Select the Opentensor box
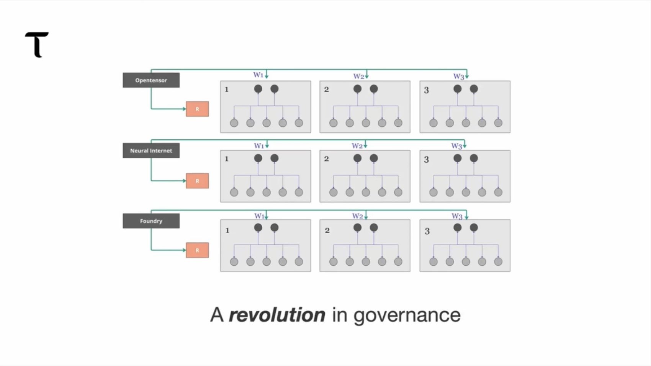(151, 80)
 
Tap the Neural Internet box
(151, 150)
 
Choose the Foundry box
(151, 221)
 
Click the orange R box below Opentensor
(197, 109)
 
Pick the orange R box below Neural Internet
(197, 181)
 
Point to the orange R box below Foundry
(197, 250)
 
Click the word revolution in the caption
(277, 315)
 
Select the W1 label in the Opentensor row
(258, 75)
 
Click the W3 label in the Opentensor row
(459, 77)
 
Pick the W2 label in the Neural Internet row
(357, 145)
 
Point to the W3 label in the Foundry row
(457, 216)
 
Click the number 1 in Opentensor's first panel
(227, 90)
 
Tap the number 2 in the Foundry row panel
(327, 230)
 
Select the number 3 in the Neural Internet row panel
(426, 160)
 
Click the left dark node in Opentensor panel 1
(258, 89)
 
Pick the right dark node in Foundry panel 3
(474, 228)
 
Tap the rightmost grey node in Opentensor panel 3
(498, 123)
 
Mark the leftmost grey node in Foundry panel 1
(234, 262)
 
